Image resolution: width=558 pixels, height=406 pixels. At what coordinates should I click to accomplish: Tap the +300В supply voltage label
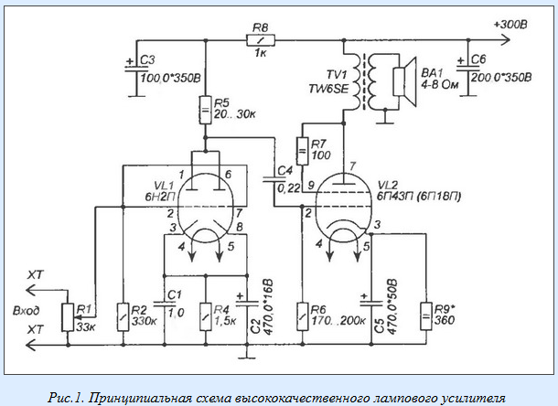click(x=508, y=27)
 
